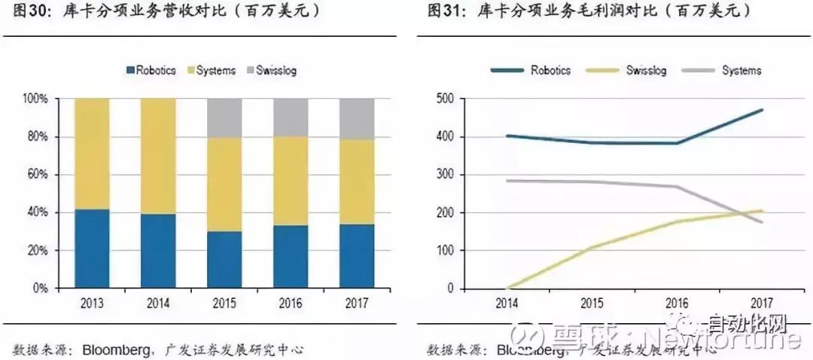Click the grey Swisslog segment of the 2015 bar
224,117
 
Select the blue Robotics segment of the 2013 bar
92,249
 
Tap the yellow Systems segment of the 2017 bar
357,182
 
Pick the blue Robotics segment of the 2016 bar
291,256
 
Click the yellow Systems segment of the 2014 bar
158,156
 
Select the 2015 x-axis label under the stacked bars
224,304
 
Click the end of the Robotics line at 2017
762,110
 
